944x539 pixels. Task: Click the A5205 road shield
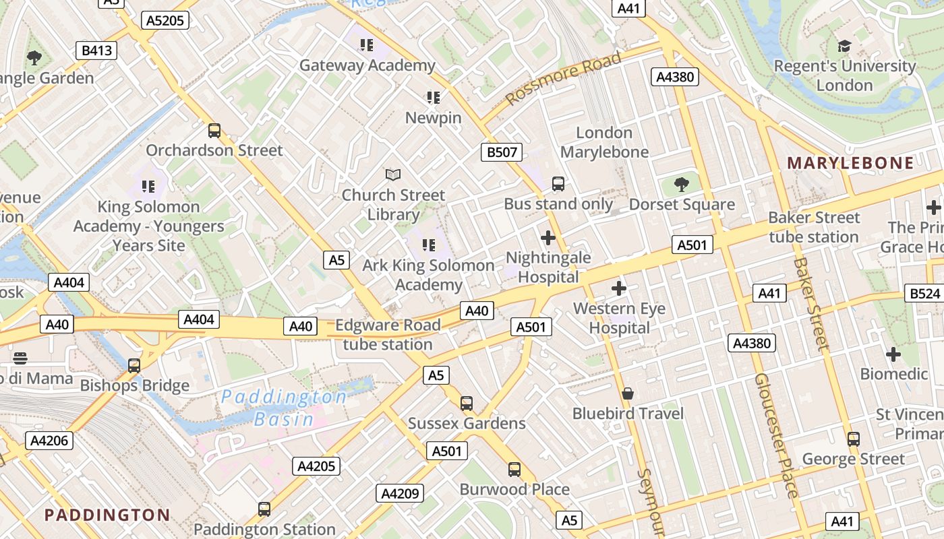click(165, 20)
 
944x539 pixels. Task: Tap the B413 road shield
click(96, 51)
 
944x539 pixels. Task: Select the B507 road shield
click(502, 152)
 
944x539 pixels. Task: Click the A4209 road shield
click(400, 494)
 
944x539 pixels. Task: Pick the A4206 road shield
click(49, 441)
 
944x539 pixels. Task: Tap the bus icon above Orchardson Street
click(214, 131)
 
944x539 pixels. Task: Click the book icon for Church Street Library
click(393, 175)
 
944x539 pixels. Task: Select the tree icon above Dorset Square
click(682, 185)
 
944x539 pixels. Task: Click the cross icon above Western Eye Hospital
click(619, 289)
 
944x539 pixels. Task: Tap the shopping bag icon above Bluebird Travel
click(628, 393)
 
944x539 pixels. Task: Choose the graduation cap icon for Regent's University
click(844, 46)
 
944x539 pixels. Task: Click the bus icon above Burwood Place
click(514, 470)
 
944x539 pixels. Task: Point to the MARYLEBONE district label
click(850, 163)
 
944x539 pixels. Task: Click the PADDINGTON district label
click(107, 515)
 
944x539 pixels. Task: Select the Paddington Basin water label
click(284, 408)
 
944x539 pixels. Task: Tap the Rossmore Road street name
click(563, 79)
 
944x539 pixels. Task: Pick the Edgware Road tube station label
click(388, 335)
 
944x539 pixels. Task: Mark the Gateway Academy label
click(367, 65)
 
